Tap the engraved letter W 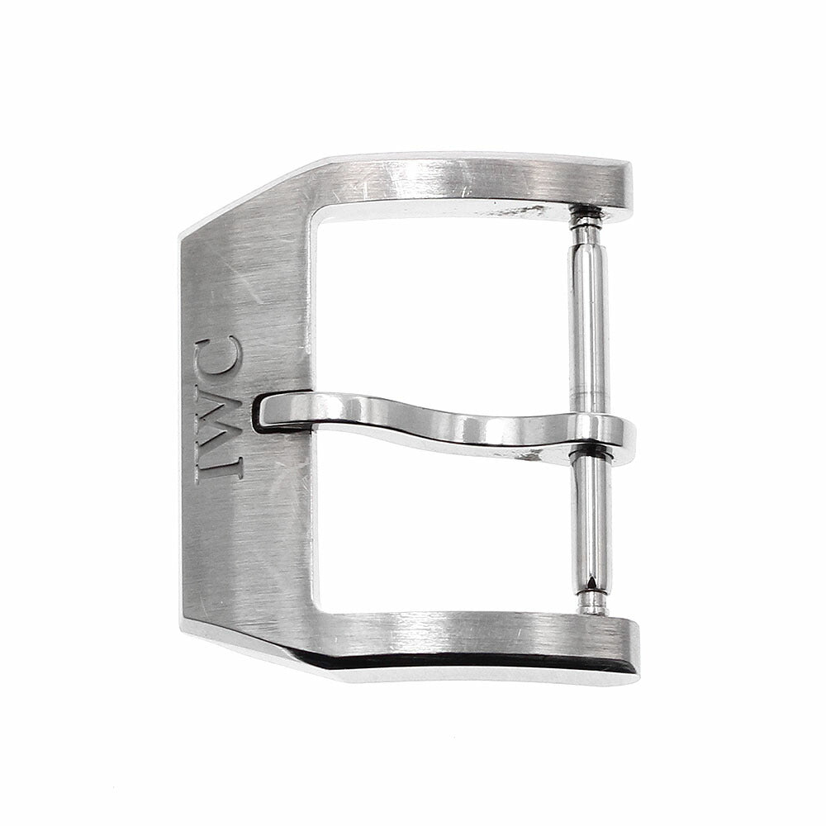click(x=218, y=415)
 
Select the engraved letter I click(x=218, y=467)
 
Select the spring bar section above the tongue click(x=589, y=316)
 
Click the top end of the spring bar click(x=586, y=211)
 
